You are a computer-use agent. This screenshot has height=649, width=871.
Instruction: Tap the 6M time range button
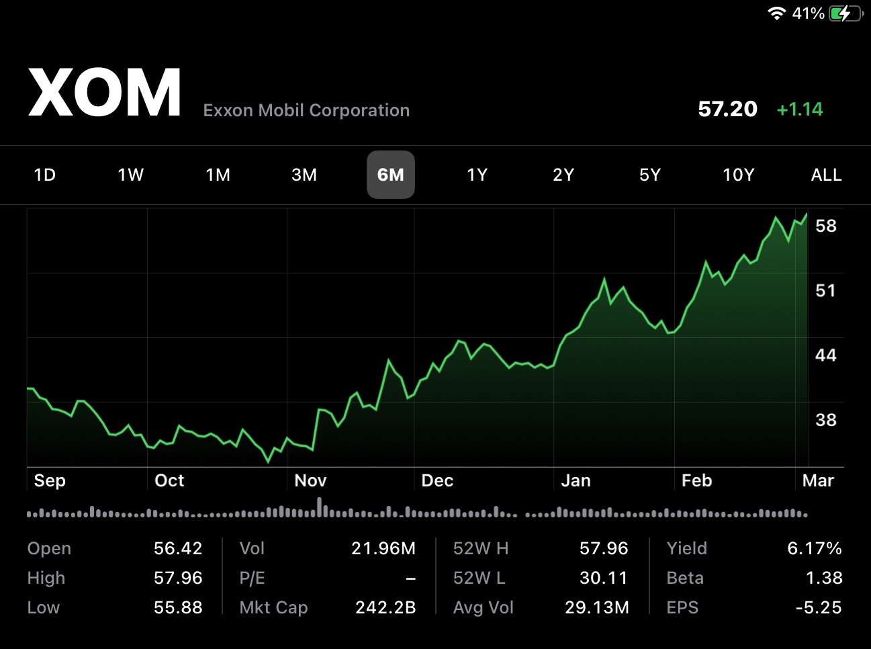pos(390,175)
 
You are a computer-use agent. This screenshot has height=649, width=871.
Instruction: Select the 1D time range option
pos(44,175)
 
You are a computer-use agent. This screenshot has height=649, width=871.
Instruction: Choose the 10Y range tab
pos(738,175)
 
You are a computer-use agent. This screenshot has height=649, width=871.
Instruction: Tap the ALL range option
pos(826,175)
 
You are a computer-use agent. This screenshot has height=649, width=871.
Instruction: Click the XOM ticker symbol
pos(105,93)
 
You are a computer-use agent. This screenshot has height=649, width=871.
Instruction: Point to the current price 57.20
pos(727,109)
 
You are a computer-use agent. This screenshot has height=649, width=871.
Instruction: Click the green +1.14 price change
pos(799,109)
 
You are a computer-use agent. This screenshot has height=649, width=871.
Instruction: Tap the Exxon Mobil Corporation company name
pos(306,110)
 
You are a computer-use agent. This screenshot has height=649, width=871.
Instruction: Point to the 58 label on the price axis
pos(825,226)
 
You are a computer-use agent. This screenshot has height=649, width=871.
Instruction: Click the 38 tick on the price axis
pos(825,420)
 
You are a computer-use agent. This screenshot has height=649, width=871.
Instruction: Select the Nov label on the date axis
pos(310,480)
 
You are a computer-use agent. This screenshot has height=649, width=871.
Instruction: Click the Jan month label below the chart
pos(576,480)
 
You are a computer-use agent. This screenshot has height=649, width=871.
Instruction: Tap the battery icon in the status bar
pos(845,13)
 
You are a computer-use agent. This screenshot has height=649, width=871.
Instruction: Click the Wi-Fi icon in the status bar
pos(776,13)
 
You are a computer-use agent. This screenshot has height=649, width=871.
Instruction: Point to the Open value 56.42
pos(178,548)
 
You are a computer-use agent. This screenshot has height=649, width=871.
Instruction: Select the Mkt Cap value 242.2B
pos(385,607)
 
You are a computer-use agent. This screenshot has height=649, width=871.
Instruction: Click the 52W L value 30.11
pos(603,578)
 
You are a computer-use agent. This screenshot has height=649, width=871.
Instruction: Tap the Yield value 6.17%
pos(814,548)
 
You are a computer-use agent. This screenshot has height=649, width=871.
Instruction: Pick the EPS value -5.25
pos(818,607)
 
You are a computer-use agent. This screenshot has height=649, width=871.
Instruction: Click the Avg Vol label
pos(483,607)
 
